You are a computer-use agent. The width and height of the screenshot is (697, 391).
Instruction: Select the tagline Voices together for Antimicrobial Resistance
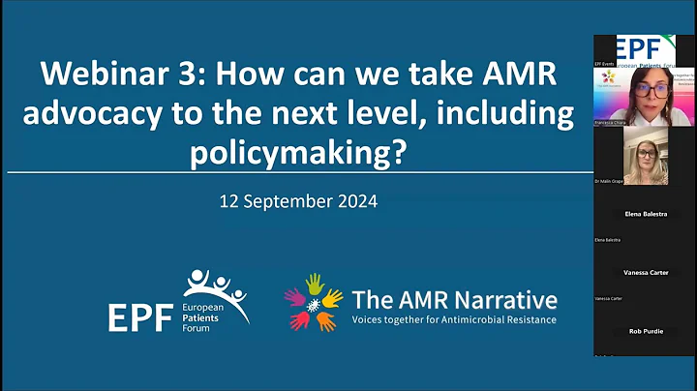click(x=454, y=319)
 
